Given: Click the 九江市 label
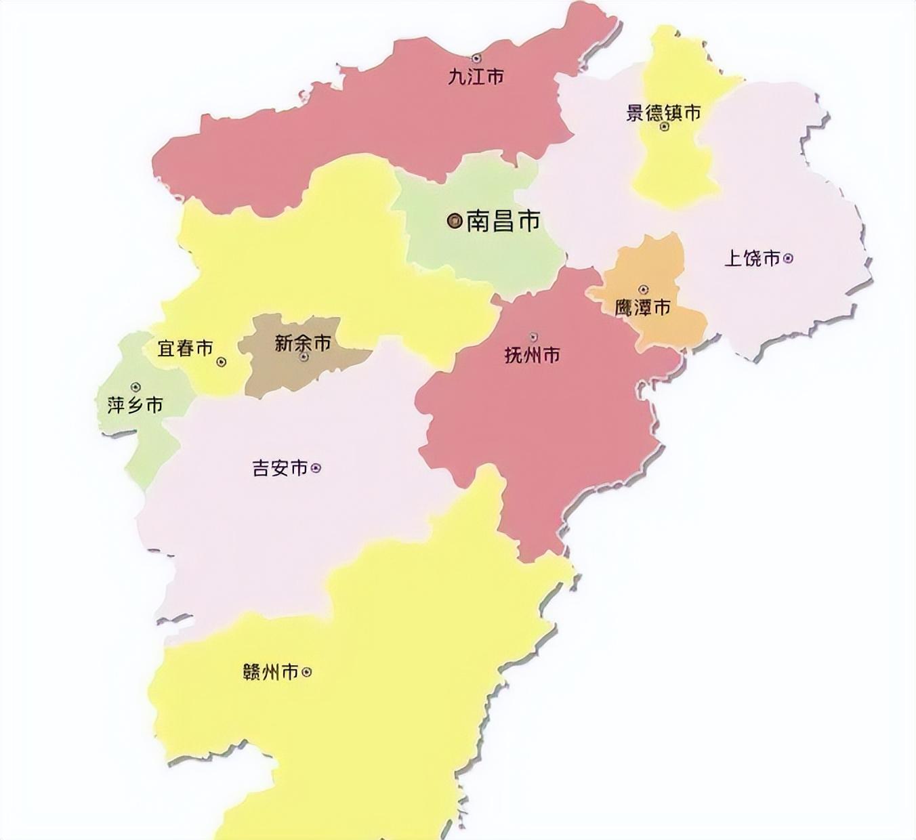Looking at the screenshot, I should click(x=476, y=77).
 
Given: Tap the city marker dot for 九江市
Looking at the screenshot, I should click(x=476, y=58).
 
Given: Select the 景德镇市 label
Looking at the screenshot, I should click(x=663, y=112).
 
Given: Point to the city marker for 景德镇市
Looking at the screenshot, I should click(x=665, y=127).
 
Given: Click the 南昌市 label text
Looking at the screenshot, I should click(x=503, y=221).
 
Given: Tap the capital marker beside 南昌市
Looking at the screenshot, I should click(x=454, y=221).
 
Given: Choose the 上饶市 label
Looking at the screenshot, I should click(x=752, y=258).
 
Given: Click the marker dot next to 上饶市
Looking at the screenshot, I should click(x=788, y=258).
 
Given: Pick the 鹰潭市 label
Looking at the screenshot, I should click(x=642, y=308).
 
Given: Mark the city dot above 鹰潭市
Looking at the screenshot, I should click(x=643, y=290).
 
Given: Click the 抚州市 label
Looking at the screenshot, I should click(x=533, y=354).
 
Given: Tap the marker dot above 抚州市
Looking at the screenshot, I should click(x=533, y=337).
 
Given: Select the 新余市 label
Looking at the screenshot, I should click(x=303, y=343).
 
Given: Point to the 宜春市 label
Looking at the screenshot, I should click(x=185, y=348).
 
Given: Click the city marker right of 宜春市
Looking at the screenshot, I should click(x=222, y=362).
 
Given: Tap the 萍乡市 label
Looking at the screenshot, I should click(x=136, y=405).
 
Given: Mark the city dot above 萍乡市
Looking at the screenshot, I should click(x=136, y=387).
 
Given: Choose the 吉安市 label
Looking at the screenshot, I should click(x=280, y=468).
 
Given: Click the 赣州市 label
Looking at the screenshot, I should click(x=270, y=672).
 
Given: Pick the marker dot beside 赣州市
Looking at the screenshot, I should click(x=307, y=672).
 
